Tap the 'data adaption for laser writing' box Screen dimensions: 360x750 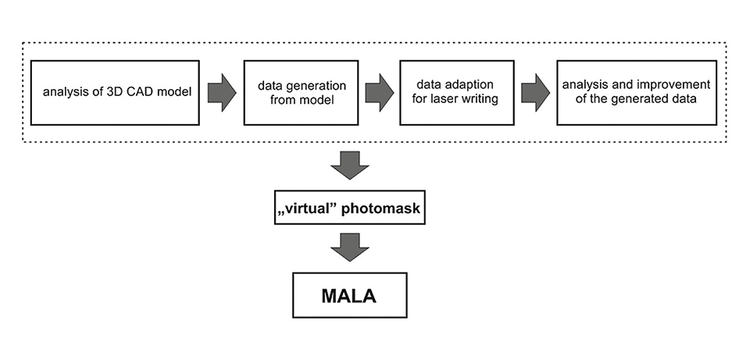click(x=457, y=91)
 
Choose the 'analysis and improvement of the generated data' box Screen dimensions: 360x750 click(x=639, y=91)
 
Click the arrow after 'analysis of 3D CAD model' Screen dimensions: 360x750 click(x=222, y=91)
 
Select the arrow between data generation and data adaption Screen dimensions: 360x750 click(x=379, y=91)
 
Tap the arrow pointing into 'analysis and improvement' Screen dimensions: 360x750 click(x=535, y=91)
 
